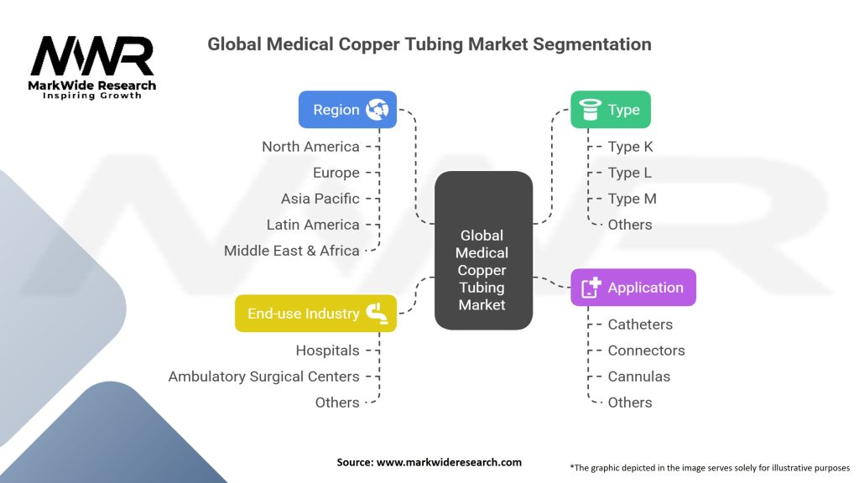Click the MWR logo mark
92,55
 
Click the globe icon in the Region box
377,110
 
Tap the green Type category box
611,110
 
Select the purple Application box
633,288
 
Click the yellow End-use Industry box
315,314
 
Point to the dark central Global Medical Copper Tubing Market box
483,250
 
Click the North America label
310,147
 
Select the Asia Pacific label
320,199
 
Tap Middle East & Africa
291,251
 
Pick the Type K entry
630,147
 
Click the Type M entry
632,199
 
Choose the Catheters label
640,325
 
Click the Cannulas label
638,377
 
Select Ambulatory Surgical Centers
263,377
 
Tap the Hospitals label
328,351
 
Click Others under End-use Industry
337,402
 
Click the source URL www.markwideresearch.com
449,462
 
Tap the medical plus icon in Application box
591,288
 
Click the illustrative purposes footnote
710,468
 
